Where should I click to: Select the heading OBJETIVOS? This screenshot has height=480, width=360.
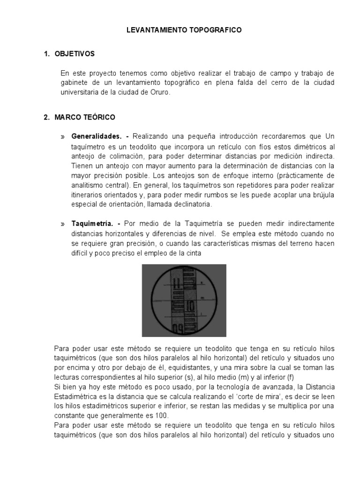click(x=75, y=54)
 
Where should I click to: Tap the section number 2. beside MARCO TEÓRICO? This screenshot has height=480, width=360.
click(x=46, y=117)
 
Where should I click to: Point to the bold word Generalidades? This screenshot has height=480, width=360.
click(x=97, y=136)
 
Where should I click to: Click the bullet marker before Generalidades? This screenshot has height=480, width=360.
click(x=63, y=137)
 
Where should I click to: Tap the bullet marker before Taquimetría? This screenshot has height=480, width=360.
click(x=63, y=224)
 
